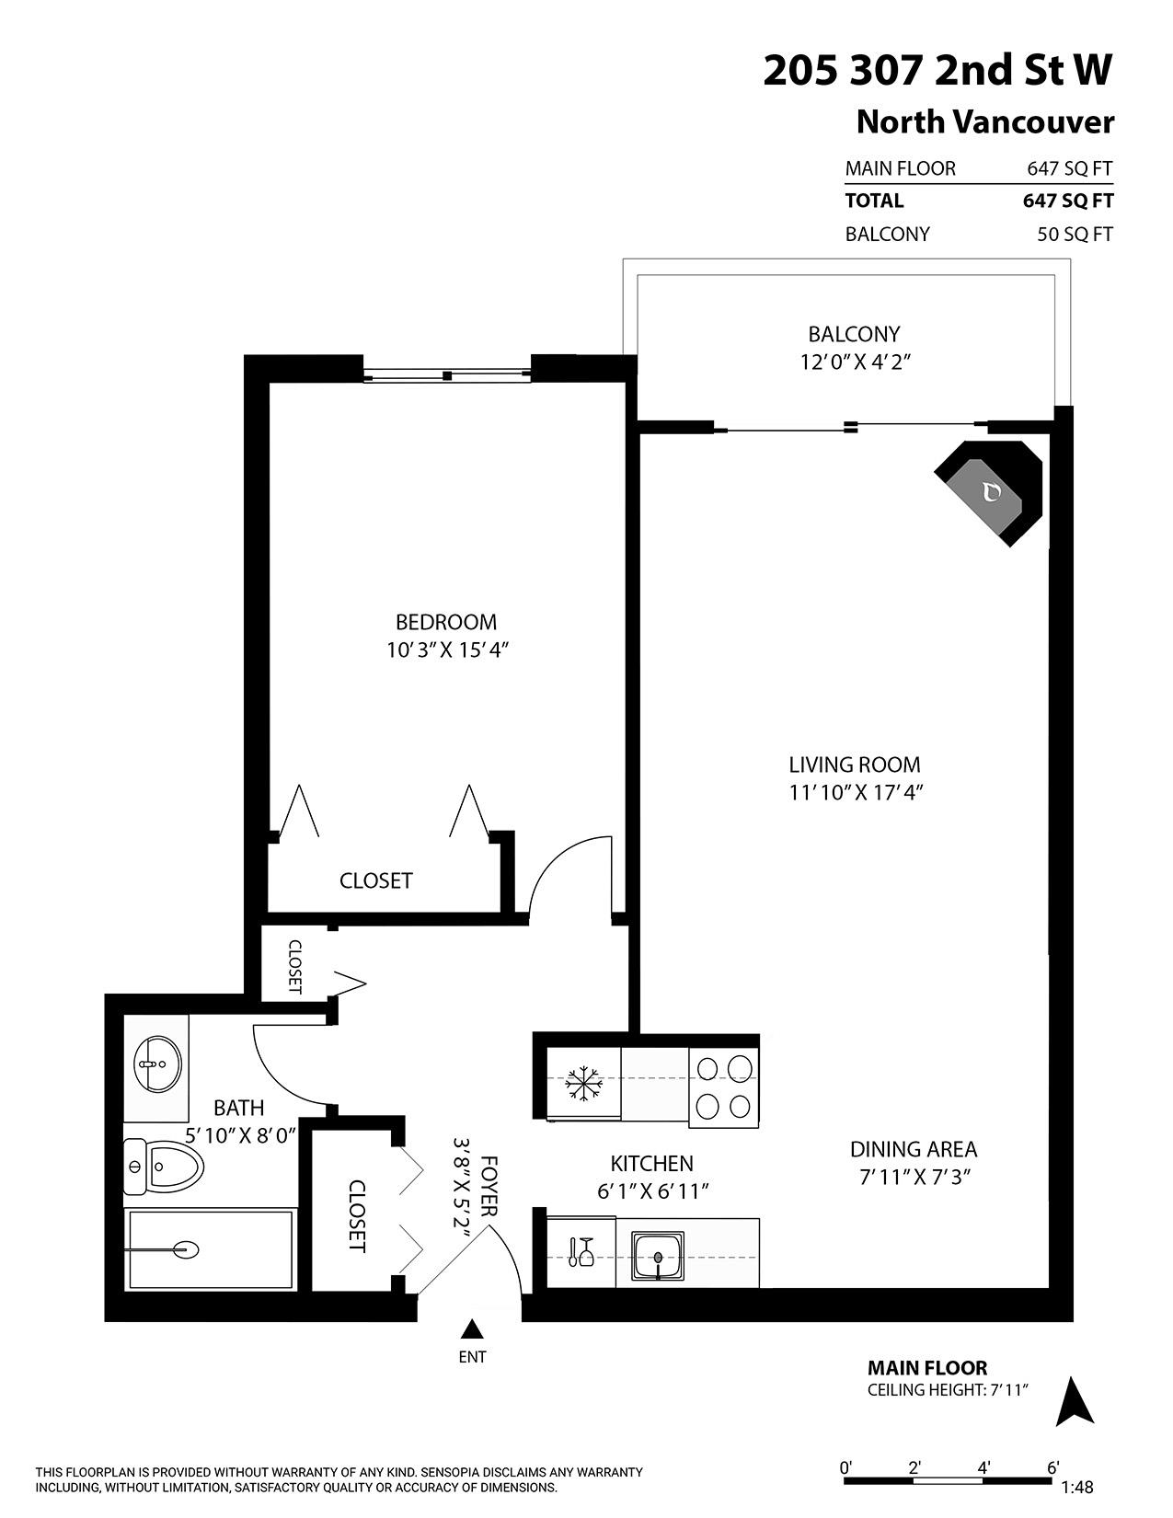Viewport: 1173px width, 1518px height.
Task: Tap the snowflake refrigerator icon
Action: coord(582,1084)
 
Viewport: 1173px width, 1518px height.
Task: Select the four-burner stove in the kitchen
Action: coord(723,1086)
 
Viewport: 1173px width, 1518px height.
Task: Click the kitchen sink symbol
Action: coord(657,1256)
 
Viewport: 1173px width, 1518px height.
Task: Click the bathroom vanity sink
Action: coord(156,1064)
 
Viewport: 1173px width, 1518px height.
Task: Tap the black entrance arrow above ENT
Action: coord(472,1328)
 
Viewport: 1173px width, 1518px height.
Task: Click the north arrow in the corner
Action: coord(1074,1402)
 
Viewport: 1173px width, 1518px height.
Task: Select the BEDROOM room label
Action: coord(446,622)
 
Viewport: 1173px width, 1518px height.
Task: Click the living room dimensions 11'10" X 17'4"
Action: coord(855,792)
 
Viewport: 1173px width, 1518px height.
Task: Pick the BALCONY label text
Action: coord(854,334)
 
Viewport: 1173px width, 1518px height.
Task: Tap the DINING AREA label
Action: coord(913,1149)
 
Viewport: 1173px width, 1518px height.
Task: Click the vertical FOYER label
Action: coord(490,1187)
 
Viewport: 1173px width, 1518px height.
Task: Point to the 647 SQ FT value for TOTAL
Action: coord(1067,201)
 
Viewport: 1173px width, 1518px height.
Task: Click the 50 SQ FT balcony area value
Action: coord(1075,235)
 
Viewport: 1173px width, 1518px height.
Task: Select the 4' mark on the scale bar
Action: coord(983,1467)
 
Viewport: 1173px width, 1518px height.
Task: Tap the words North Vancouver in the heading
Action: coord(984,121)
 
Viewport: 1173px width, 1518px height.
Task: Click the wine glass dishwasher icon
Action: coord(581,1252)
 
